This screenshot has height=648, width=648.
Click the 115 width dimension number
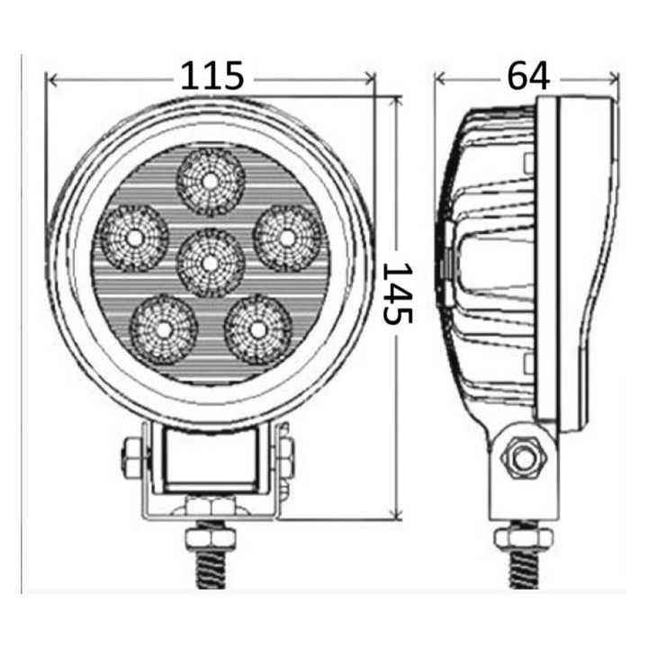pos(212,76)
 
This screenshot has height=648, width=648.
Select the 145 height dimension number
pos(397,293)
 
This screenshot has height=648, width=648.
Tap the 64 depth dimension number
pos(528,76)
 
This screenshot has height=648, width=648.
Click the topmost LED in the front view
pos(211,181)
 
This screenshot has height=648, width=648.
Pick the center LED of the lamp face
pos(211,263)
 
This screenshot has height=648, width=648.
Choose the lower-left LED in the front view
pos(164,328)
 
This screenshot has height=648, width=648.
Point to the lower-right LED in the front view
pos(258,328)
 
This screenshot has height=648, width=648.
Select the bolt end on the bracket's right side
pos(287,457)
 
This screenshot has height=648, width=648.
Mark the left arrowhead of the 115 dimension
pos(51,81)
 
